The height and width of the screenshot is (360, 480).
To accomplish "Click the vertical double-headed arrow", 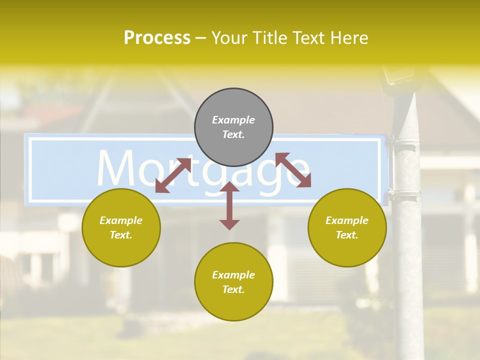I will [229, 205].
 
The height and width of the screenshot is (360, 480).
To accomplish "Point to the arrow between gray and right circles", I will [293, 170].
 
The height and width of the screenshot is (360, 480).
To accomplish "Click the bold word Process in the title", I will [157, 38].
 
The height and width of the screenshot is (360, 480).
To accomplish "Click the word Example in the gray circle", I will [233, 120].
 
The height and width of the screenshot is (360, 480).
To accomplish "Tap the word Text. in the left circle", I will [121, 235].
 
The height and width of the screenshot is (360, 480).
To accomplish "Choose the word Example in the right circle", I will [347, 220].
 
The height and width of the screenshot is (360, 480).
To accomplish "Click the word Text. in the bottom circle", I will [233, 289].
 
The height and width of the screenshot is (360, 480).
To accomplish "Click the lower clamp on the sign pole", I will [404, 194].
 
